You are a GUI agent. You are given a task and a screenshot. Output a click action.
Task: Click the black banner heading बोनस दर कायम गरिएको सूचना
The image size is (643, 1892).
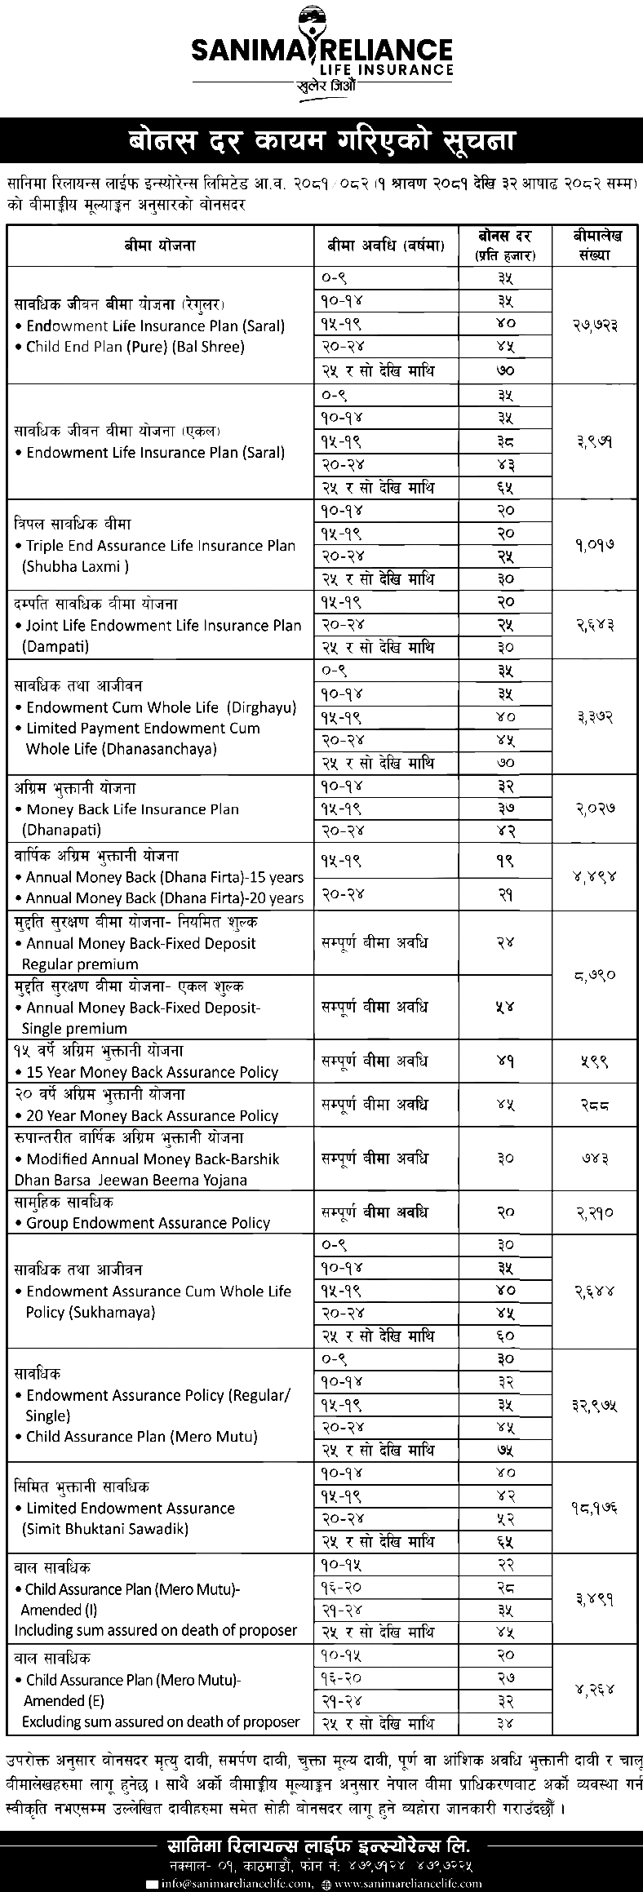pyautogui.click(x=321, y=140)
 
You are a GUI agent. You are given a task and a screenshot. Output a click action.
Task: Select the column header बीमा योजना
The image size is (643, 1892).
pyautogui.click(x=160, y=244)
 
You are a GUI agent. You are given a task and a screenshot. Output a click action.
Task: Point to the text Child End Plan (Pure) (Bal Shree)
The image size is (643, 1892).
pyautogui.click(x=135, y=347)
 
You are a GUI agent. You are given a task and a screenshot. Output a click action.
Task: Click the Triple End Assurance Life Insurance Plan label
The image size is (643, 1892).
pyautogui.click(x=161, y=546)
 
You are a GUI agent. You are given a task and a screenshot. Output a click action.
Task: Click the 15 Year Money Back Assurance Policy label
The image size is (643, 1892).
pyautogui.click(x=152, y=1072)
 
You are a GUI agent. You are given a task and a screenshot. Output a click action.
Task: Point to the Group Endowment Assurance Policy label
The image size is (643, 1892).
pyautogui.click(x=148, y=1223)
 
